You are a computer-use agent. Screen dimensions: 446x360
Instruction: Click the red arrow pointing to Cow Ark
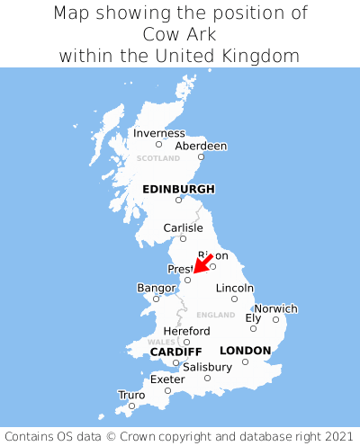[203, 263]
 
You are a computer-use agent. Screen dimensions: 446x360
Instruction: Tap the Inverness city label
[158, 134]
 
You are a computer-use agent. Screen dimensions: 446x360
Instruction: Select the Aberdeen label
[201, 146]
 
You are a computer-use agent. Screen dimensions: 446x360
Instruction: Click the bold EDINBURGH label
[178, 189]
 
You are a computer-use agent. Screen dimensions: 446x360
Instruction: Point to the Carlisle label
[183, 228]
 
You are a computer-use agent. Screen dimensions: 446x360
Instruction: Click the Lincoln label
[234, 288]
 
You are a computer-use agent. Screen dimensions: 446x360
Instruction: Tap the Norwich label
[275, 308]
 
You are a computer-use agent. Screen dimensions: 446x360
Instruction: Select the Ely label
[253, 317]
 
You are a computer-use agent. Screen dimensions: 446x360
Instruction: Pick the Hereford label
[186, 331]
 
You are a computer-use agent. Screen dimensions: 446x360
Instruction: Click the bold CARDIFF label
[175, 351]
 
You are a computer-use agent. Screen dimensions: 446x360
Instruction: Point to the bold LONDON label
[245, 351]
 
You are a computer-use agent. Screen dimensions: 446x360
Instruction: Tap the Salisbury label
[207, 367]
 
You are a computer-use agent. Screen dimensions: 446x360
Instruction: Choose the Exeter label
[167, 379]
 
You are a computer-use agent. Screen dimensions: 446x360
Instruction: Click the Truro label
[131, 395]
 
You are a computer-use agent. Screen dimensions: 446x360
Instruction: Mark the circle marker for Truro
[131, 406]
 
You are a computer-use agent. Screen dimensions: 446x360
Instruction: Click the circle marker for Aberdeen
[201, 156]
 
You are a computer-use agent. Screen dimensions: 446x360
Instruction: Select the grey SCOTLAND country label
[158, 158]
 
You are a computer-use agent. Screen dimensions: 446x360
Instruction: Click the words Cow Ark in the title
[179, 34]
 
